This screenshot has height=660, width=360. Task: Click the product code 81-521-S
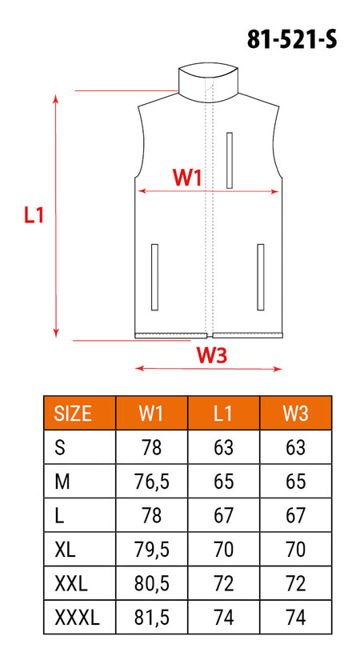292,40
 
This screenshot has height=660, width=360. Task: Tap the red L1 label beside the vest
34,215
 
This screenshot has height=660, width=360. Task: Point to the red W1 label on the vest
187,178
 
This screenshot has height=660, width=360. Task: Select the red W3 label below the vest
212,355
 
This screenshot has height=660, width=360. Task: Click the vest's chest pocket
230,160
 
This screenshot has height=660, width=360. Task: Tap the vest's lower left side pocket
154,277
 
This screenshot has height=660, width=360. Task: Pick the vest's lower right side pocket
261,277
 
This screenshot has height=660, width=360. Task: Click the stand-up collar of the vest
209,83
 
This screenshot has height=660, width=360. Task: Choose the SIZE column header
73,414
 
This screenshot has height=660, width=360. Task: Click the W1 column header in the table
151,414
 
